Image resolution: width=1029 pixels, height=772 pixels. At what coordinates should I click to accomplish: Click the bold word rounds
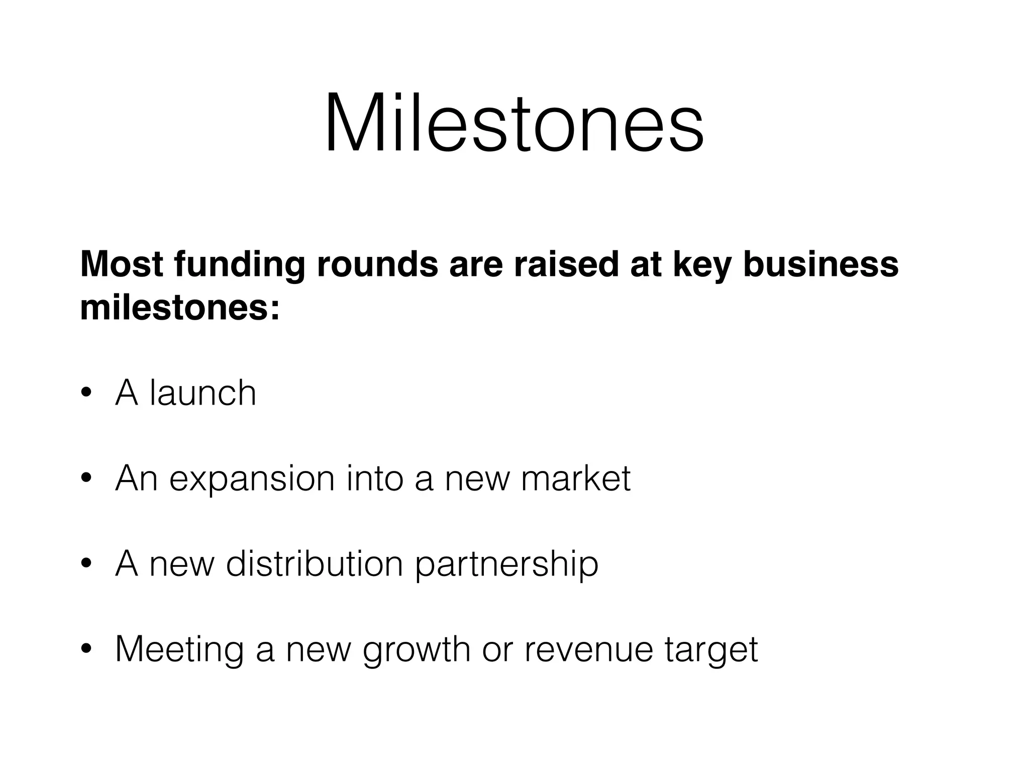pyautogui.click(x=377, y=264)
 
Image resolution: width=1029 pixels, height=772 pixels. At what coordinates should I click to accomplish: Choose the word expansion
pyautogui.click(x=252, y=479)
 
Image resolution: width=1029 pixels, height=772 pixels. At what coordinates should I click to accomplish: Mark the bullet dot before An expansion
pyautogui.click(x=87, y=479)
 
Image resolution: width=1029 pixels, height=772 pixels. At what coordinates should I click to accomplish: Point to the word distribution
pyautogui.click(x=315, y=563)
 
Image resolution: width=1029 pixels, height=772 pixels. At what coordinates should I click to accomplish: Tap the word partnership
pyautogui.click(x=506, y=564)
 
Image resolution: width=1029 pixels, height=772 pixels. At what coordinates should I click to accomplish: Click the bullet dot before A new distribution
pyautogui.click(x=87, y=564)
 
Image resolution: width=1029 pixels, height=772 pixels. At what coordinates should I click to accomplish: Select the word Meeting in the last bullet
pyautogui.click(x=179, y=650)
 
